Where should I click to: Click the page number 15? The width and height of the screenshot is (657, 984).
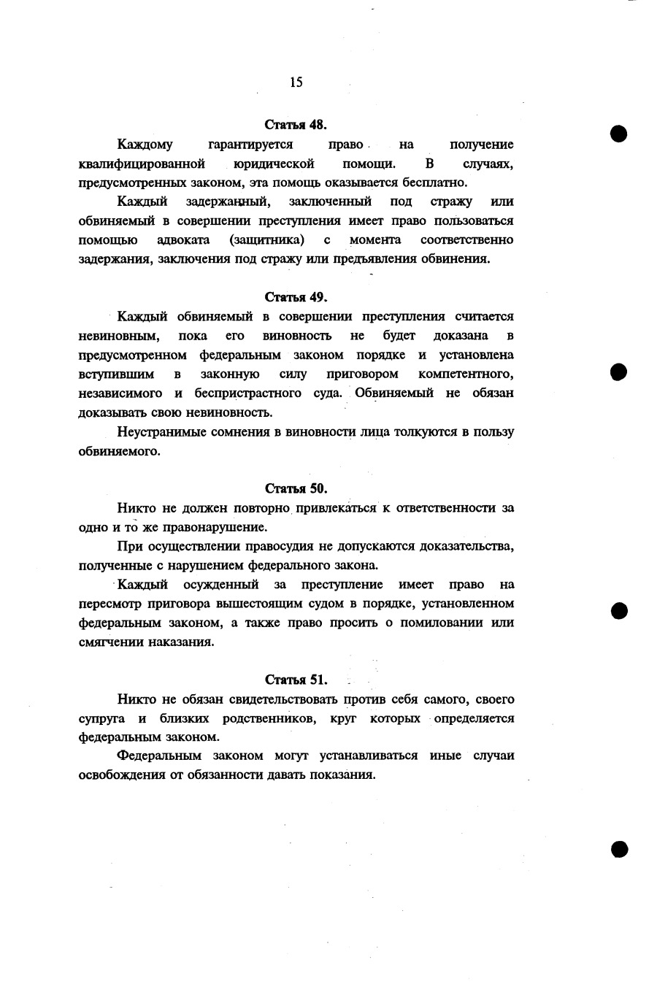tap(296, 82)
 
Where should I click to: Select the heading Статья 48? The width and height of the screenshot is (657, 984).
tap(295, 124)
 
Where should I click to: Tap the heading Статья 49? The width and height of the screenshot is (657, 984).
tap(295, 297)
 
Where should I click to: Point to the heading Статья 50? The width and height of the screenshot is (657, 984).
tap(295, 488)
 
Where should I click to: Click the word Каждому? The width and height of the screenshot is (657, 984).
tap(145, 145)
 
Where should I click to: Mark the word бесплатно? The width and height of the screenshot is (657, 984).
tap(440, 182)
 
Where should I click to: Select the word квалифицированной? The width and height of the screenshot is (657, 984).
tap(142, 164)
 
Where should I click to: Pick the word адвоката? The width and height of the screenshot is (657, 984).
tap(184, 240)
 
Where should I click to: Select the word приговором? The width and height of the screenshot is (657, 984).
tap(362, 374)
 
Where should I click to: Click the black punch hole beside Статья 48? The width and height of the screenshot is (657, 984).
tap(619, 134)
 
